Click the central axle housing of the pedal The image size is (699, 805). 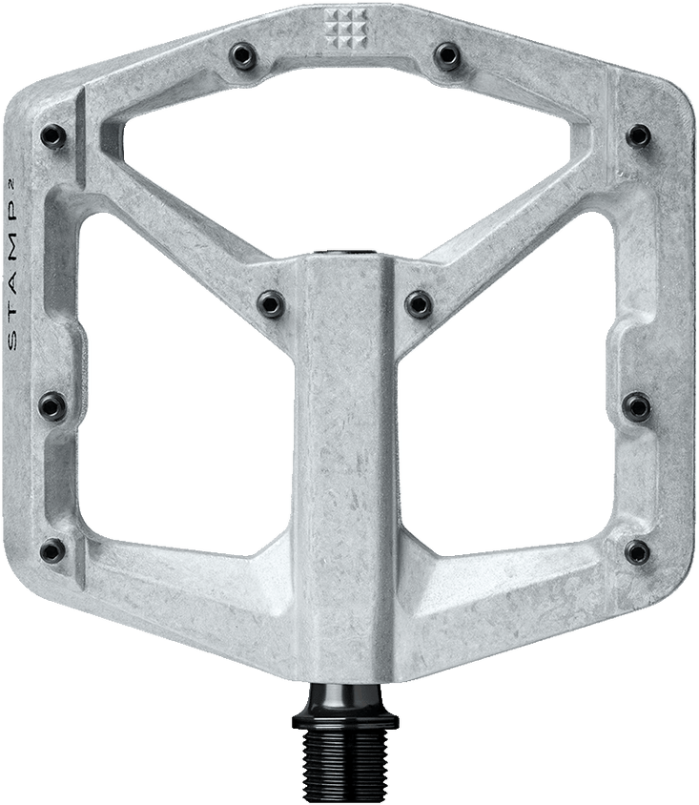(349, 401)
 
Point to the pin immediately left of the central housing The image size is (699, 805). (272, 302)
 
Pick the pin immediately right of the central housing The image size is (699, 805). (419, 302)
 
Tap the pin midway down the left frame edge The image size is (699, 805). (49, 407)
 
